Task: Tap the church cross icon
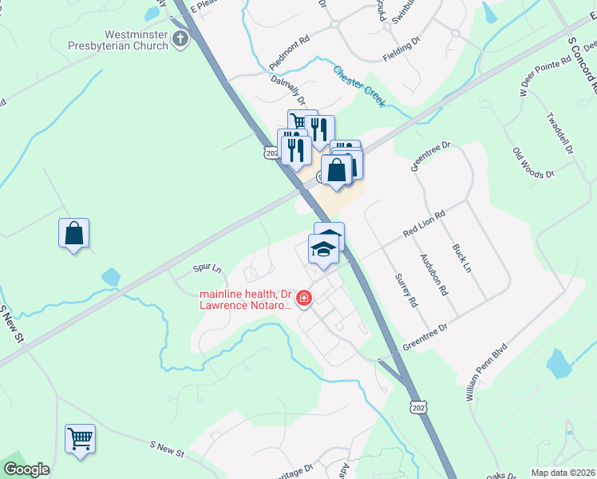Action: pyautogui.click(x=181, y=38)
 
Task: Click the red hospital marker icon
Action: pyautogui.click(x=303, y=299)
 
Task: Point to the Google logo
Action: pyautogui.click(x=26, y=469)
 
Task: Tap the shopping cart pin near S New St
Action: pyautogui.click(x=80, y=438)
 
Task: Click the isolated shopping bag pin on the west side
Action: pyautogui.click(x=73, y=234)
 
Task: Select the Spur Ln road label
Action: pyautogui.click(x=206, y=269)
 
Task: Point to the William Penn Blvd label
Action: pyautogui.click(x=486, y=375)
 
